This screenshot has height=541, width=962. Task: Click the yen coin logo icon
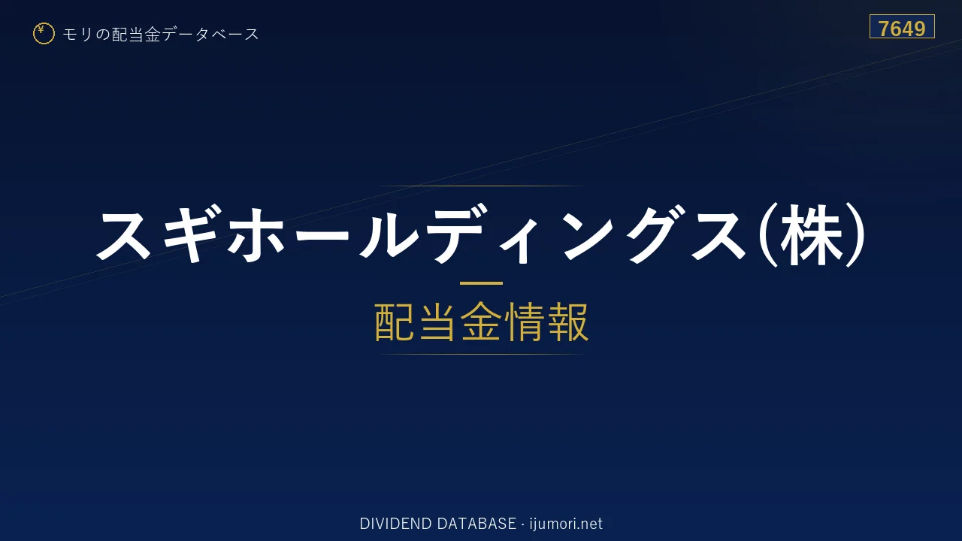tap(44, 34)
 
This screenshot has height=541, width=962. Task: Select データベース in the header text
tap(210, 34)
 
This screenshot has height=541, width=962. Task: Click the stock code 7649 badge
tap(902, 26)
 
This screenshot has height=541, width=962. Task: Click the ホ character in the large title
tap(256, 234)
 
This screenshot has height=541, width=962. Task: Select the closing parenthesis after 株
tap(855, 234)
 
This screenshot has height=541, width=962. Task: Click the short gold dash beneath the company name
tap(481, 283)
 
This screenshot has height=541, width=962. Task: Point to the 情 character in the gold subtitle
tap(525, 322)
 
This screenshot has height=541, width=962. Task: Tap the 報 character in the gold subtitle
tap(567, 322)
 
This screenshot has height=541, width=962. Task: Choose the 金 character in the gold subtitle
tap(481, 322)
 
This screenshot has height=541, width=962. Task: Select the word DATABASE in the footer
tap(476, 524)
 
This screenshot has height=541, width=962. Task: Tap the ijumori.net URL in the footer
tap(566, 524)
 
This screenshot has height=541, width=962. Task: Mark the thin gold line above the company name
tap(481, 186)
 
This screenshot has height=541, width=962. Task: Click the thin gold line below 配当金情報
tap(481, 354)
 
